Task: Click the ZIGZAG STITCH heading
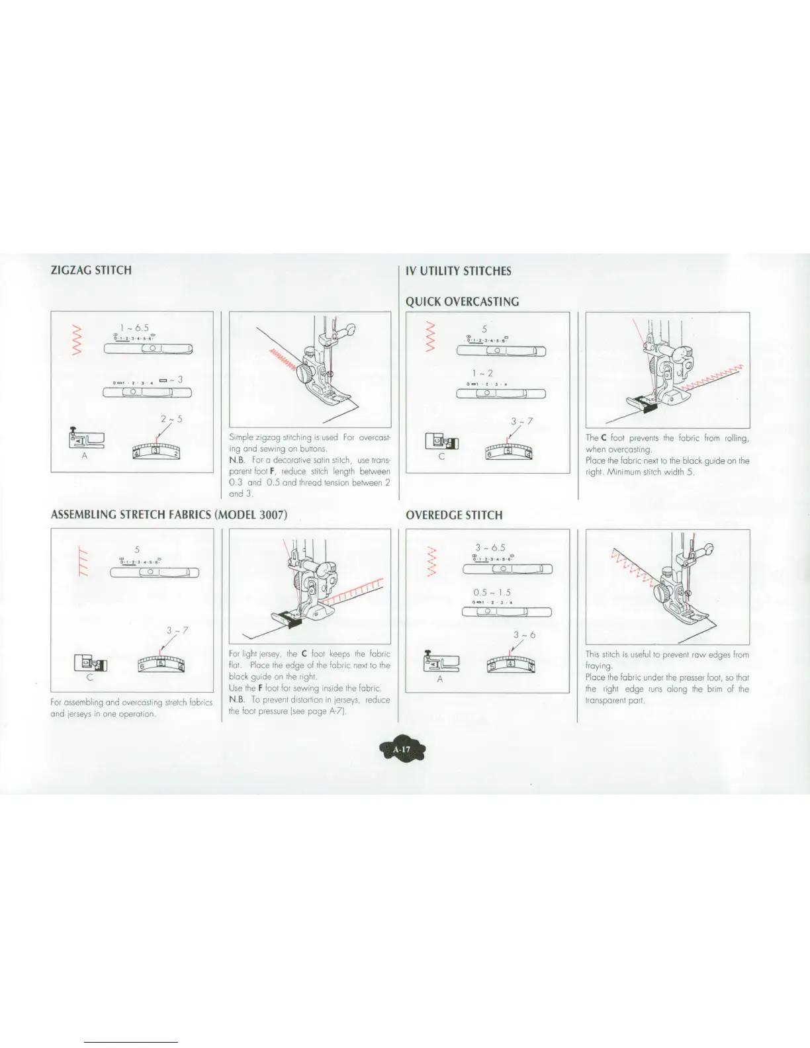91,270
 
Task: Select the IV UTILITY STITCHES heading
459,271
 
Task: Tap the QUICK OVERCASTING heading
462,302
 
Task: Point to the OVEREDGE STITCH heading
454,515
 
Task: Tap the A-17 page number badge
402,750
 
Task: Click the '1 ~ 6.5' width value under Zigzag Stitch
134,327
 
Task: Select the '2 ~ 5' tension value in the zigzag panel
171,419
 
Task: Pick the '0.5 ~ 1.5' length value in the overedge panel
492,592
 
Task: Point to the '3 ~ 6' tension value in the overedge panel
524,635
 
